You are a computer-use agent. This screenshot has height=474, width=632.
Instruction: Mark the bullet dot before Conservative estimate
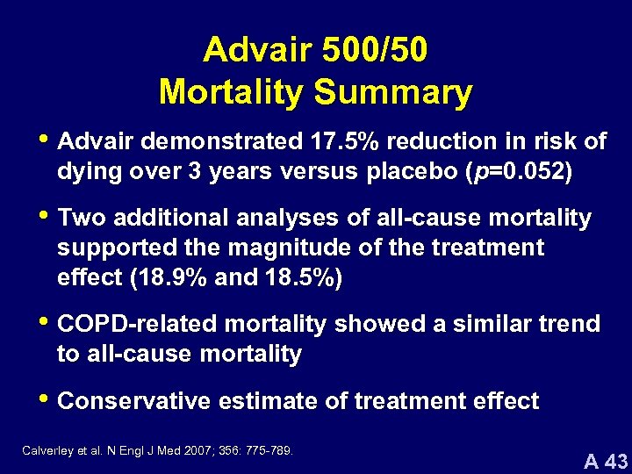coord(45,400)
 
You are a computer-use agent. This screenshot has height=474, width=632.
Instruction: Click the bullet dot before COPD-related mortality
coord(45,323)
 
